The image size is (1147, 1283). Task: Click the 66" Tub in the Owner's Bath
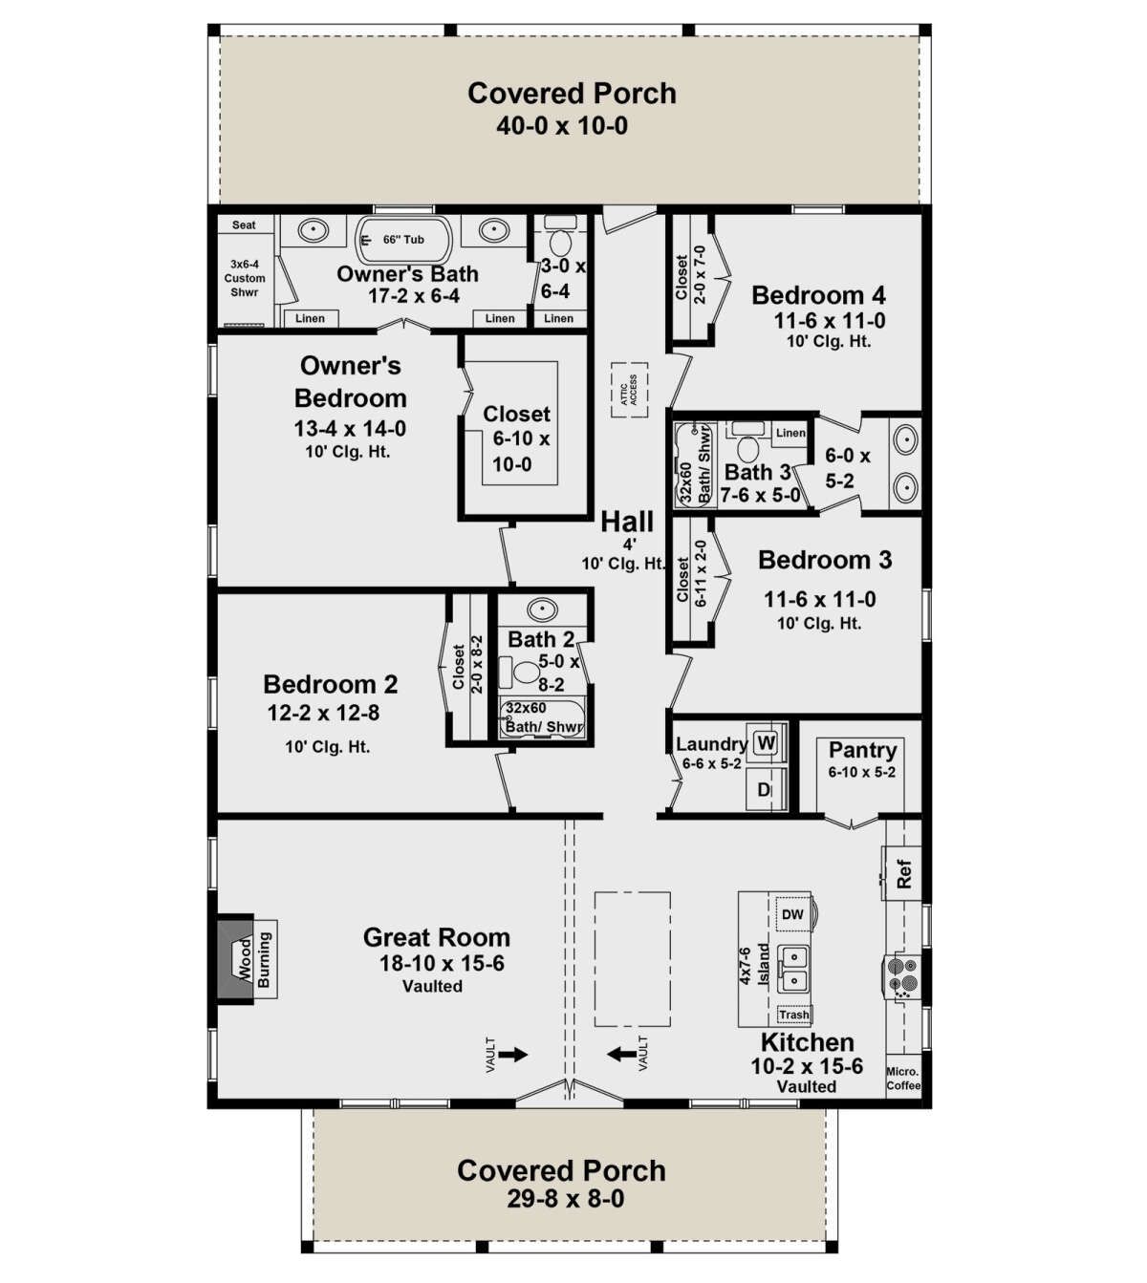tap(403, 241)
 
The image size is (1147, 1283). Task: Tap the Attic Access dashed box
tap(629, 390)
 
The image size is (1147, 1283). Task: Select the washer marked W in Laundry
tap(767, 742)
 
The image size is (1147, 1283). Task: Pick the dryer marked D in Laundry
tap(766, 789)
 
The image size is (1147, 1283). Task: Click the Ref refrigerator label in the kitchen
tap(903, 873)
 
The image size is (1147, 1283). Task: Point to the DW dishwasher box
tap(792, 914)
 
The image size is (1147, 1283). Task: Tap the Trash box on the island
tap(794, 1015)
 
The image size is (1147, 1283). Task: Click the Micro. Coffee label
tap(903, 1079)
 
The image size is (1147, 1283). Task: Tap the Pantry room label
tap(862, 750)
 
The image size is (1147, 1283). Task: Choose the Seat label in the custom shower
tap(244, 225)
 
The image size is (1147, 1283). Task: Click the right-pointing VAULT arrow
tap(512, 1055)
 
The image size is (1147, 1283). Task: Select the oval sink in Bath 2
tap(542, 610)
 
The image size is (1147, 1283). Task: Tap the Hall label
tap(627, 522)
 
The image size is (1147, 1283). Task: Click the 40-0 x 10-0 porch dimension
tap(562, 126)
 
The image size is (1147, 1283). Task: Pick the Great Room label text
tap(437, 937)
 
